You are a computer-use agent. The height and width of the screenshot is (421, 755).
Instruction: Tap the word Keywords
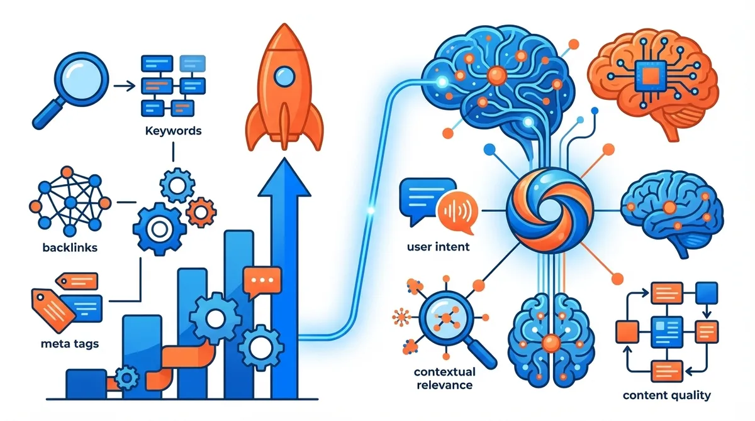tap(173, 131)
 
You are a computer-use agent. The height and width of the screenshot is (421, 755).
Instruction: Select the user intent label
tap(438, 246)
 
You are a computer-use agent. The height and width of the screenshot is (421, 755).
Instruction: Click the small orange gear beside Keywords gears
tap(200, 209)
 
